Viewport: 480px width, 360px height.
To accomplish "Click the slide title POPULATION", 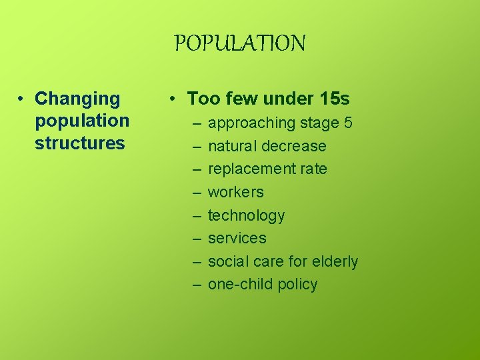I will click(x=240, y=44).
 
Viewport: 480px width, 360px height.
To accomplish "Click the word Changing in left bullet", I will click(x=77, y=99).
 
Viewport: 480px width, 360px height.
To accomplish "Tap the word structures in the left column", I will click(x=80, y=143).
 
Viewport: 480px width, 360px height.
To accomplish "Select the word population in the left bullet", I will click(x=82, y=121).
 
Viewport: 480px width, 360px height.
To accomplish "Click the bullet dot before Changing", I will click(x=22, y=99).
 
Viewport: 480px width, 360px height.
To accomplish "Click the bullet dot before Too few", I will click(x=172, y=99).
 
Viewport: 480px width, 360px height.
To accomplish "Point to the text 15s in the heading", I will click(x=335, y=99).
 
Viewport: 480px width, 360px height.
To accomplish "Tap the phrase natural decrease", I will click(x=267, y=146).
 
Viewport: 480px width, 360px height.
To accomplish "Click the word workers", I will click(x=236, y=193).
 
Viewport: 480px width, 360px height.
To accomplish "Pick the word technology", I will click(x=246, y=216).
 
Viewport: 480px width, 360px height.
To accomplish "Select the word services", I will click(x=237, y=238).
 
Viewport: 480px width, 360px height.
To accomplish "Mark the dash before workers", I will click(x=197, y=193).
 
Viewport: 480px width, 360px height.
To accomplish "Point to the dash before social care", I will click(x=197, y=261).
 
